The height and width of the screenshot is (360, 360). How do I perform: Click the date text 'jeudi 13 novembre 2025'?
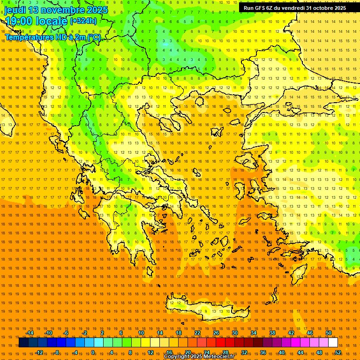tap(56, 10)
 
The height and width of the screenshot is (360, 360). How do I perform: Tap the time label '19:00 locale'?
tap(37, 21)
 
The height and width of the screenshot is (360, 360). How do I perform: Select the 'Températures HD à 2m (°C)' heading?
tap(52, 37)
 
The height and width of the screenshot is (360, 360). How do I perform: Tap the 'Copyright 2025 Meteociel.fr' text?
tap(199, 357)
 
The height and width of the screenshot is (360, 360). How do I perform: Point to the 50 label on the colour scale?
tap(329, 333)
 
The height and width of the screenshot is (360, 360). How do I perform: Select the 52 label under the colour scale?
tap(338, 352)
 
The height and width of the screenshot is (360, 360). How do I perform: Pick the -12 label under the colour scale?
tap(39, 352)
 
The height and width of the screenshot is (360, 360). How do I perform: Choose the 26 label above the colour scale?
tap(216, 333)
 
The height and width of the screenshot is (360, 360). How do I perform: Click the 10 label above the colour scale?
tap(141, 333)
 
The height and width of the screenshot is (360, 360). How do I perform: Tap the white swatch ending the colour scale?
tap(333, 343)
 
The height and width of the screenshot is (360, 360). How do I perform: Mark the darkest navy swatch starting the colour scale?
tap(23, 343)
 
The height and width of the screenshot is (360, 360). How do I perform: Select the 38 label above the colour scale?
tap(272, 333)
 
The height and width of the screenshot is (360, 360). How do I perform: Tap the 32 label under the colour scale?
tap(244, 352)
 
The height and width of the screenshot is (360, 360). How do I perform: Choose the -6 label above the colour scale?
tap(66, 333)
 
